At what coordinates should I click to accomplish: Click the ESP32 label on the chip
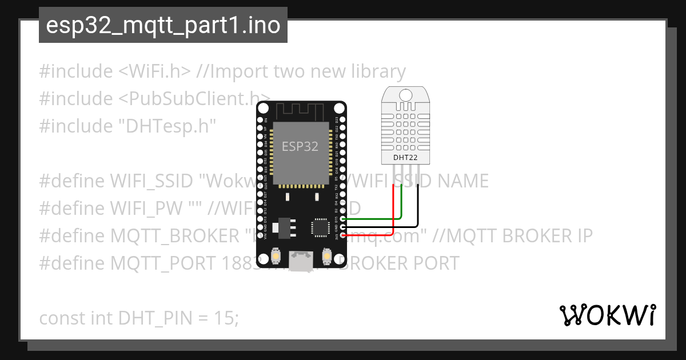pyautogui.click(x=300, y=146)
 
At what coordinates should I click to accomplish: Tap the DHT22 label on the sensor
pyautogui.click(x=406, y=157)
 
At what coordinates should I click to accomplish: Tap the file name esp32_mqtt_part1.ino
pyautogui.click(x=163, y=26)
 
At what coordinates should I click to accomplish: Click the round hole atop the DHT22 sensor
pyautogui.click(x=406, y=94)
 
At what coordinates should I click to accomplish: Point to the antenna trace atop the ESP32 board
pyautogui.click(x=301, y=110)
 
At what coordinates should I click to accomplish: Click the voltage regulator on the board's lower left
pyautogui.click(x=283, y=227)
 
